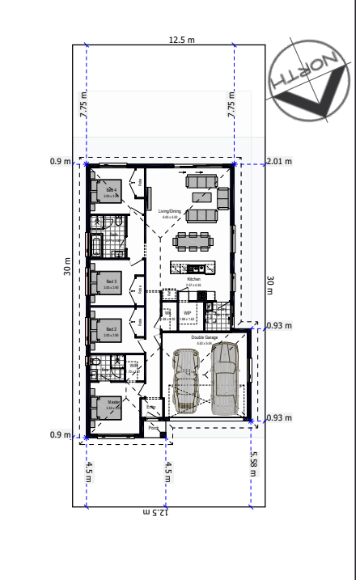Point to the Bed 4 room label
tap(111, 191)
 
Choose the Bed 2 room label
tap(112, 330)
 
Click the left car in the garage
tap(185, 380)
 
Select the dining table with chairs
tap(193, 240)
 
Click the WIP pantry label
tap(187, 312)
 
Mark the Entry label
tap(151, 408)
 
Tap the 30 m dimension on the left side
tap(69, 267)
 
